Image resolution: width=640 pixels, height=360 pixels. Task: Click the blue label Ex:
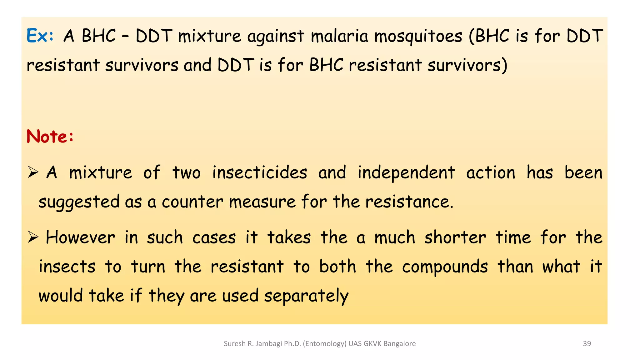40,36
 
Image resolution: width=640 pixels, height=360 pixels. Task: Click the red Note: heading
50,137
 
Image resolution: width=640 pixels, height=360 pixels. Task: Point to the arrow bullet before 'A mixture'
32,172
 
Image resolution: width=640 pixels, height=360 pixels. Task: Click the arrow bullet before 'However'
32,237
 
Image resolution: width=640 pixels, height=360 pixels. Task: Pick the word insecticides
259,172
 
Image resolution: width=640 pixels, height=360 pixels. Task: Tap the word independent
406,173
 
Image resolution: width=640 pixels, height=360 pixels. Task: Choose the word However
80,237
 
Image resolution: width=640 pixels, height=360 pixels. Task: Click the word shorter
455,237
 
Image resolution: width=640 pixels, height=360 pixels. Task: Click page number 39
587,343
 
